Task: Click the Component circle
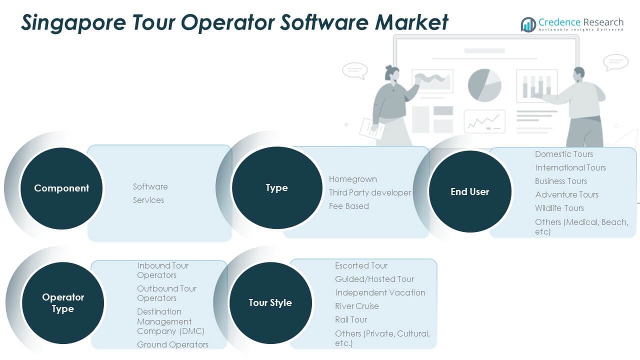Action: tap(61, 188)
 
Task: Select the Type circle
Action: tap(277, 188)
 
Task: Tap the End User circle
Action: tap(469, 191)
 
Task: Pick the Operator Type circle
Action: tap(63, 303)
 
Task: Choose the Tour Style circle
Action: tap(270, 303)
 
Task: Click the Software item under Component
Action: tap(150, 186)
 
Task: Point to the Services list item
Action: tap(148, 200)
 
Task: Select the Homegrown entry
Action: tap(352, 179)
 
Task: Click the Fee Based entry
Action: tap(348, 206)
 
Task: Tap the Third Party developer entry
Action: tap(369, 192)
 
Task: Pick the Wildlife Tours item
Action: tap(559, 208)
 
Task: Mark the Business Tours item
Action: tap(560, 181)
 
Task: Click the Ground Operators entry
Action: tap(172, 344)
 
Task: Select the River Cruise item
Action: tap(356, 306)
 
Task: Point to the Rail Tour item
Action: tap(350, 319)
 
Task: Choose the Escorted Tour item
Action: tap(361, 265)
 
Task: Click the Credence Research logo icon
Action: tap(528, 24)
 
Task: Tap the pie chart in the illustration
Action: tap(484, 85)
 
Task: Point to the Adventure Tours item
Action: tap(566, 194)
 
